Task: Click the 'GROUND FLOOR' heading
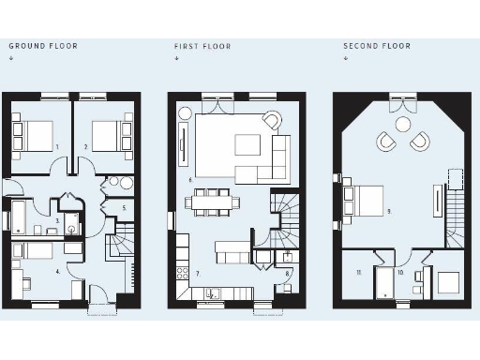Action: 43,45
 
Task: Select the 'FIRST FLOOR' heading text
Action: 202,45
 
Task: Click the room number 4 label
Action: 57,271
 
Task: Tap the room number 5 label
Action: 124,207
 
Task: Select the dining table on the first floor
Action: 213,200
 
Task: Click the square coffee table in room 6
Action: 247,144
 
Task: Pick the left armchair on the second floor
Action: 385,142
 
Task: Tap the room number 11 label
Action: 358,272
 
